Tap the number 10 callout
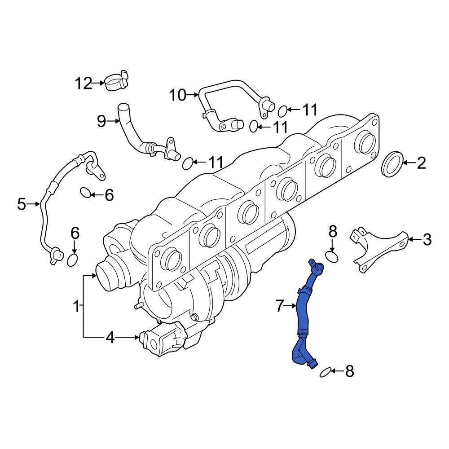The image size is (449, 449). click(177, 95)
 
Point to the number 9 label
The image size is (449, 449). click(101, 120)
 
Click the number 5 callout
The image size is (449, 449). click(22, 204)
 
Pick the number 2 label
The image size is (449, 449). click(421, 163)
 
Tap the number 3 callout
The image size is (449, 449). click(427, 240)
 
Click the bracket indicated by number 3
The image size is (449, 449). click(379, 248)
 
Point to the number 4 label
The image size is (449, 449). click(110, 337)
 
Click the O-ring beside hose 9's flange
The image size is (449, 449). click(189, 163)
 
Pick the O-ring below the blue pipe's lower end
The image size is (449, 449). click(326, 371)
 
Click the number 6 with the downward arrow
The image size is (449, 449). click(75, 233)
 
